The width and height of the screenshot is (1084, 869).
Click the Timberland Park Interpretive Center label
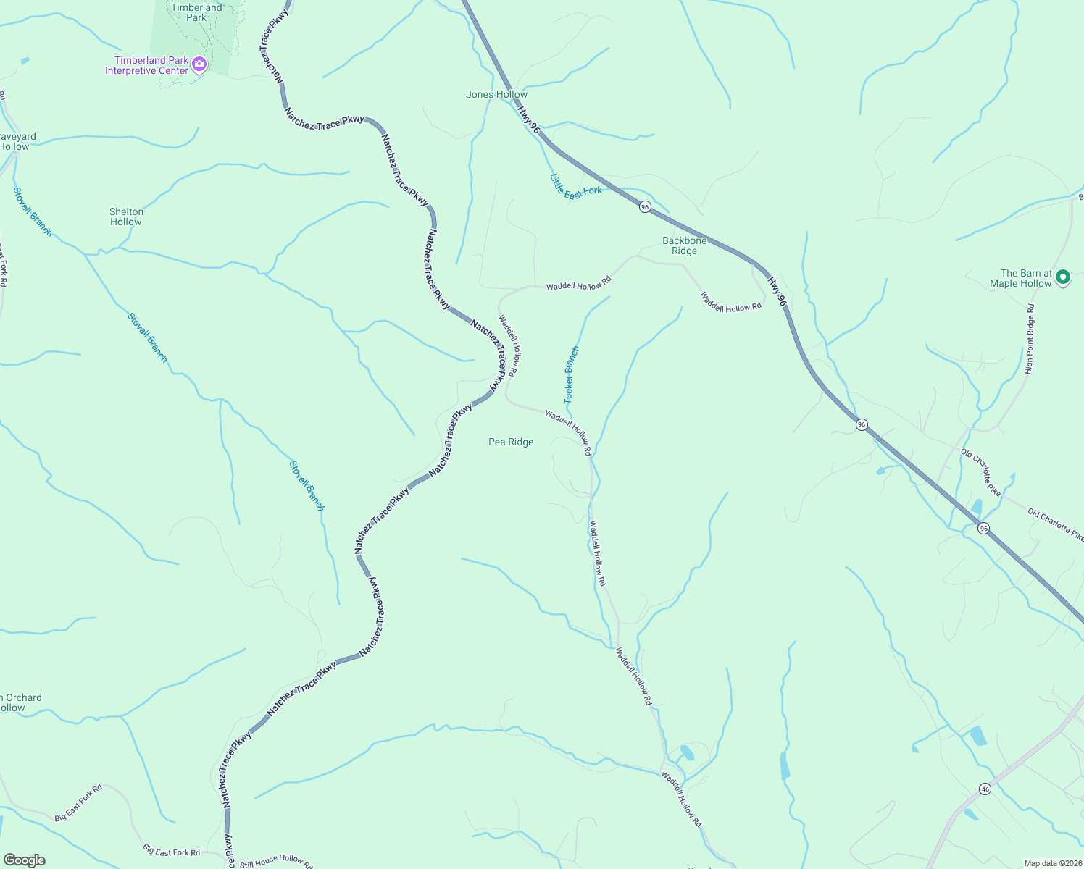click(x=147, y=66)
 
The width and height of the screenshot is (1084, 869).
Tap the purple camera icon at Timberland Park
click(x=199, y=65)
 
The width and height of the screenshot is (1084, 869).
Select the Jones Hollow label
click(x=496, y=95)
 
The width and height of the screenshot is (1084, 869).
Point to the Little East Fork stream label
click(x=575, y=185)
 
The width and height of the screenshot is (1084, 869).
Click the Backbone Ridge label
click(x=684, y=246)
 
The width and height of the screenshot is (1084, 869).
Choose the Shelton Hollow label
click(x=126, y=217)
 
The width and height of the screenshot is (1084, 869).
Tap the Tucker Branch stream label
click(x=572, y=375)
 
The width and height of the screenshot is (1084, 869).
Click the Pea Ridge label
click(x=511, y=442)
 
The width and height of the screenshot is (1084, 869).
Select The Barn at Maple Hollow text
click(x=1020, y=279)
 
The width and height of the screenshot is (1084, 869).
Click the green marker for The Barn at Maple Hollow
click(x=1063, y=277)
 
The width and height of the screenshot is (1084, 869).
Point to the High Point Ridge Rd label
click(x=1030, y=339)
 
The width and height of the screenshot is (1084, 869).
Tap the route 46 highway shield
click(x=985, y=789)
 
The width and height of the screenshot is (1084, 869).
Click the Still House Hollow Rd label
click(x=276, y=861)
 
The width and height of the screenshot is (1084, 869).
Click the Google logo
click(x=25, y=860)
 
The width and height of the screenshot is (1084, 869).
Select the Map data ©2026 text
click(x=1052, y=863)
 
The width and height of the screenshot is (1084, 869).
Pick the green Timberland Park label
click(x=196, y=12)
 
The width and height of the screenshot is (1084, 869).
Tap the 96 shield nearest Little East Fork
click(x=645, y=207)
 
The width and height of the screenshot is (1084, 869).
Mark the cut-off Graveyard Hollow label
click(x=16, y=141)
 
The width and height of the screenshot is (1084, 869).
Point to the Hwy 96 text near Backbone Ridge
click(x=777, y=291)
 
